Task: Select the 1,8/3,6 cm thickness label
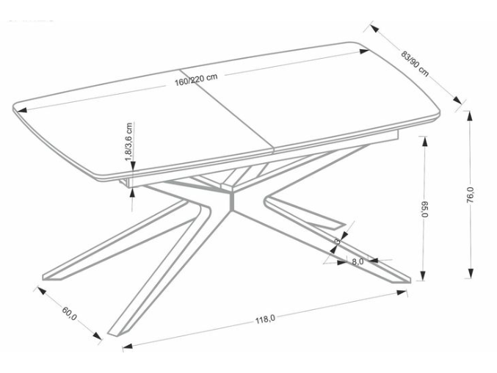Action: (129, 142)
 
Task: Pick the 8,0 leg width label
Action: (358, 261)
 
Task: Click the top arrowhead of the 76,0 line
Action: (469, 117)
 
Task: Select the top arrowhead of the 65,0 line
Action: (424, 140)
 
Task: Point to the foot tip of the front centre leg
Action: (114, 333)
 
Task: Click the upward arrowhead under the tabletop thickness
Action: (132, 192)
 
